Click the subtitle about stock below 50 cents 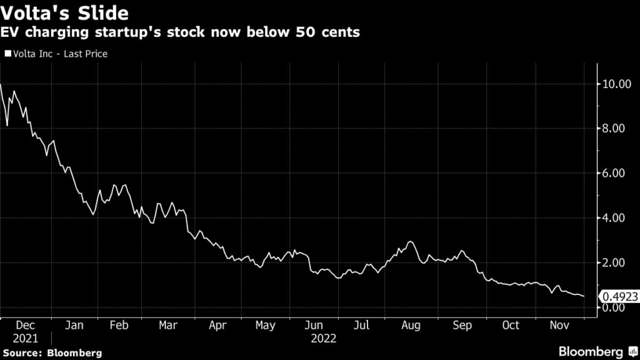181,32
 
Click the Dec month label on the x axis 24,325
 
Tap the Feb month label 119,325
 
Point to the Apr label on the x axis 217,325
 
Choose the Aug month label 411,325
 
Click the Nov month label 559,325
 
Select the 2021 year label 24,338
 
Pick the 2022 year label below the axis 324,338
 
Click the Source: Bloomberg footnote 51,353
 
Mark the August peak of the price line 410,241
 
